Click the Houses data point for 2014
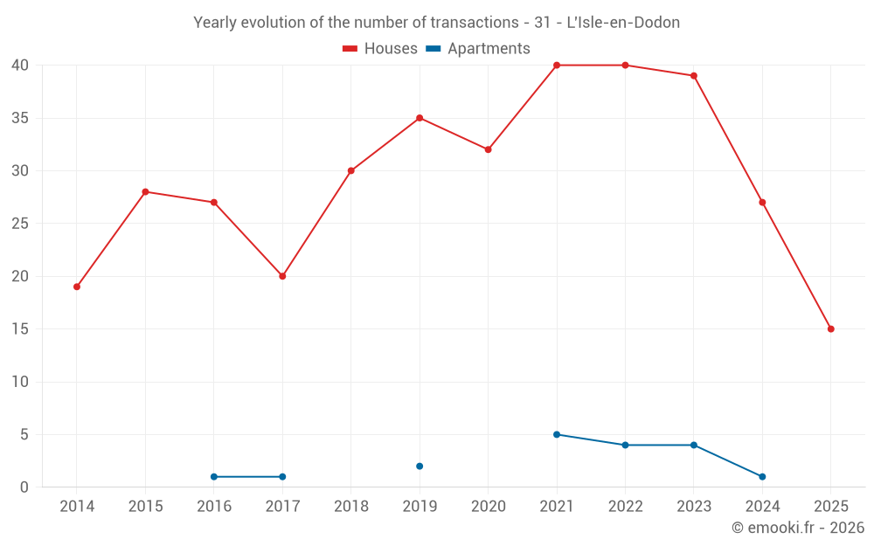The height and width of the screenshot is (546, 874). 77,287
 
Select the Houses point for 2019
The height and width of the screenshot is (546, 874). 420,118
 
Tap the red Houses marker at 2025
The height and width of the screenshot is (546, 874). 830,329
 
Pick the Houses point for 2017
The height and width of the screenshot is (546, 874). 282,276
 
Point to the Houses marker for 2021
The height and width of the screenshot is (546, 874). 557,66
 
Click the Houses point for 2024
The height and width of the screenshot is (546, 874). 762,203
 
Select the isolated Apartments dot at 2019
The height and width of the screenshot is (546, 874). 420,467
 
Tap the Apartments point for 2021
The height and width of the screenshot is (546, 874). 557,434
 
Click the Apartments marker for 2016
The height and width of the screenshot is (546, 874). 214,477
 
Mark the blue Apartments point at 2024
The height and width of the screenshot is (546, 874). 762,477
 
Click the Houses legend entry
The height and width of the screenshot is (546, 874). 380,49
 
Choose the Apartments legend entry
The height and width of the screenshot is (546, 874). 478,49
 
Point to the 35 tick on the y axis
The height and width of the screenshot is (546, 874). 21,118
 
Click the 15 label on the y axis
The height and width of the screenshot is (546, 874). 21,329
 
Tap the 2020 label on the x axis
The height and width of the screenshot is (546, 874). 488,507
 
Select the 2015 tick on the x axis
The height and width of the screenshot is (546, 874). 145,507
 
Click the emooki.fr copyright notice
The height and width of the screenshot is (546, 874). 797,528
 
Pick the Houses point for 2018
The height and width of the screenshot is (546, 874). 350,171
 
